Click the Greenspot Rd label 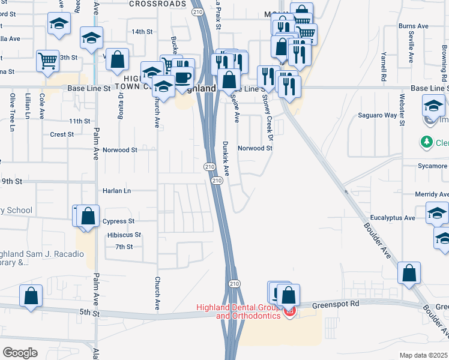tap(338, 304)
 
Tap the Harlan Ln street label tap(116, 191)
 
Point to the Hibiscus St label tap(124, 235)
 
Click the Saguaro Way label tap(378, 115)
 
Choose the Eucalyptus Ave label tap(393, 218)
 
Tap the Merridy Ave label tap(432, 194)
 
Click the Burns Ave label tap(413, 26)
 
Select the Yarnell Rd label tap(383, 65)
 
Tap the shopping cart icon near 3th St tap(47, 60)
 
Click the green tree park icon tap(427, 143)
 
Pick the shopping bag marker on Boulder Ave tap(409, 272)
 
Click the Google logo tap(20, 352)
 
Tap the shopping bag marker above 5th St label tap(31, 296)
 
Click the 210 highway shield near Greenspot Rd tap(234, 283)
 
